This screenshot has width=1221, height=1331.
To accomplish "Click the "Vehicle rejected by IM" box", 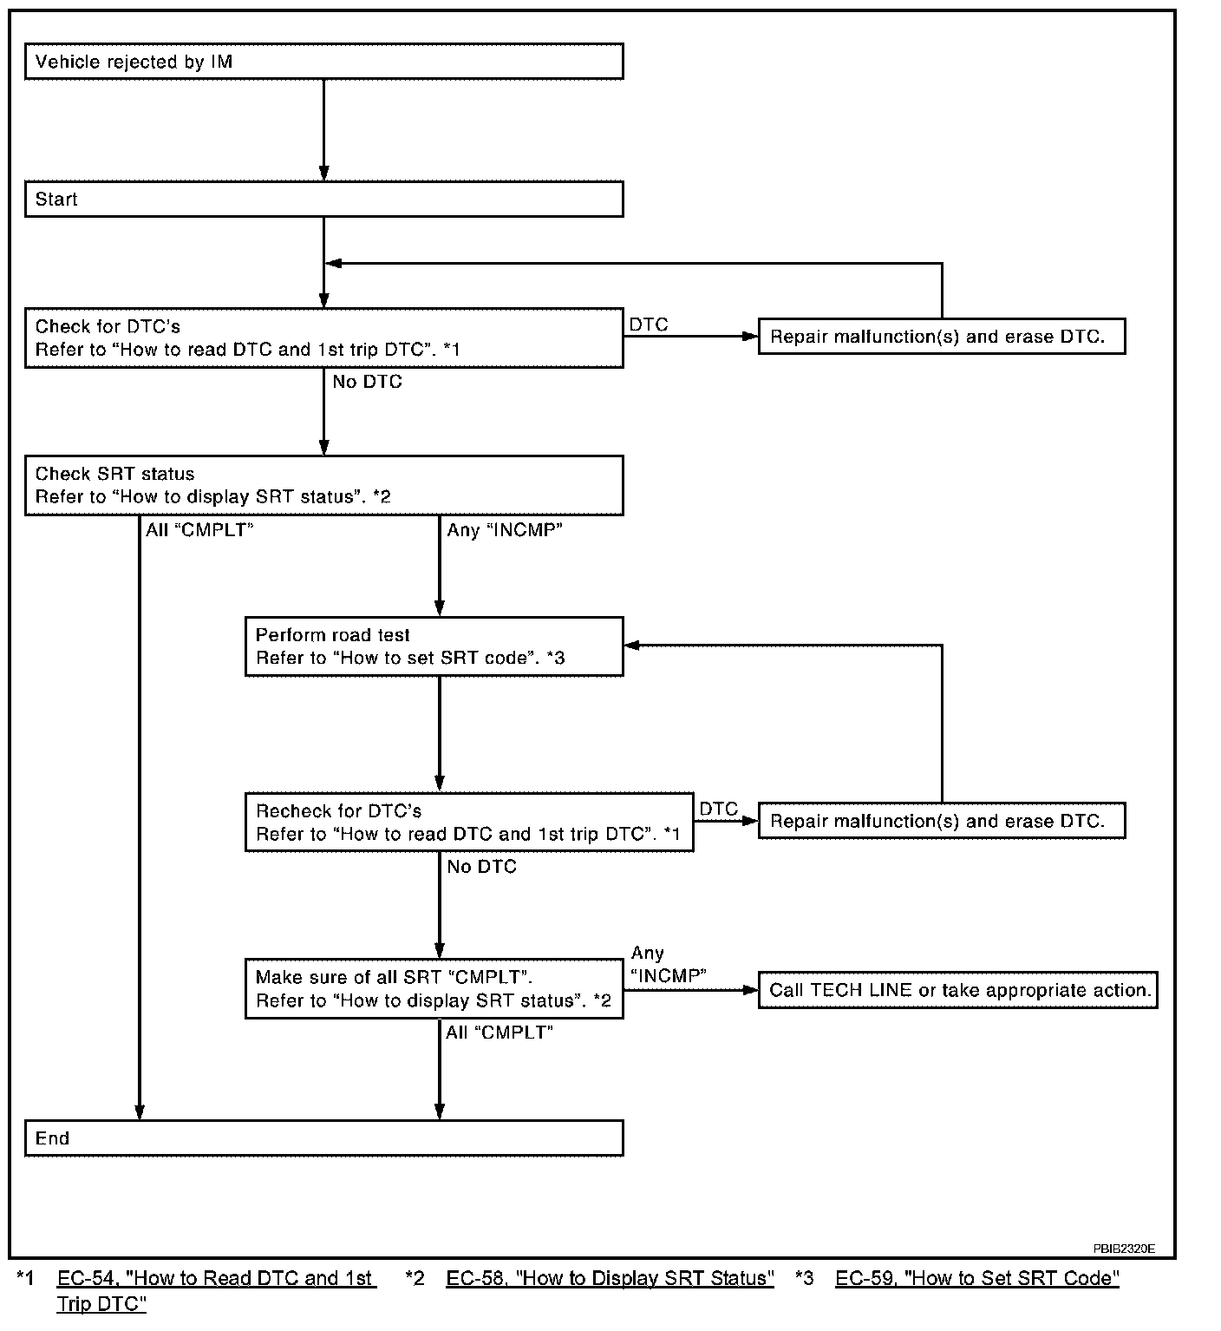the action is (323, 62).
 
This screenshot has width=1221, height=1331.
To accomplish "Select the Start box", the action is (323, 199).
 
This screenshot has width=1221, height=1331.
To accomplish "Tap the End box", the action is (323, 1138).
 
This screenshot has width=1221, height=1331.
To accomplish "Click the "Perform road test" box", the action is (434, 647).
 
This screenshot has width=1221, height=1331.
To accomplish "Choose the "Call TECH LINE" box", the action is (957, 990).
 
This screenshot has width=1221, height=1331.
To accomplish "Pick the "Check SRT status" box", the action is (323, 486).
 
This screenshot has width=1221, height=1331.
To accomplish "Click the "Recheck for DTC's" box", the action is (469, 822).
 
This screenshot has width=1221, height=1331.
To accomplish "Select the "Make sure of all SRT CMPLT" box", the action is (434, 988).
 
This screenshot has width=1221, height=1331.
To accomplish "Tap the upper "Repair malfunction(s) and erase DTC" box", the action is (942, 337).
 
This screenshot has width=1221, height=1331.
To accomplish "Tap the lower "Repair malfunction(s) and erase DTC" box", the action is (942, 821).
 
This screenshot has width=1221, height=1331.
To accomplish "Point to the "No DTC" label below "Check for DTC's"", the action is (368, 382).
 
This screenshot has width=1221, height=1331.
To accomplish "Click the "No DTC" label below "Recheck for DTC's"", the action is (481, 866).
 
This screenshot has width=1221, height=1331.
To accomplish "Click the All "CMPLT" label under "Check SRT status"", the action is (199, 529).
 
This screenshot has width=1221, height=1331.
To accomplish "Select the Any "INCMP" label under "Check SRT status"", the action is (505, 530).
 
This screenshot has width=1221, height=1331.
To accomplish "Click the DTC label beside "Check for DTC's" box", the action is (649, 325).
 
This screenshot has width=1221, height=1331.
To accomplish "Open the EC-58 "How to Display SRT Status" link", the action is (610, 1278).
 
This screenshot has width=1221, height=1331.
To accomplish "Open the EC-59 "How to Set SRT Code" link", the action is (977, 1278).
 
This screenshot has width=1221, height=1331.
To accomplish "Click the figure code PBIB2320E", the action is (1124, 1249).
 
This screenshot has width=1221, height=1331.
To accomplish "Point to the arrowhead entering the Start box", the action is (324, 174).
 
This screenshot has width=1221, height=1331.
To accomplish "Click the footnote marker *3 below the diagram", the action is (805, 1278).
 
